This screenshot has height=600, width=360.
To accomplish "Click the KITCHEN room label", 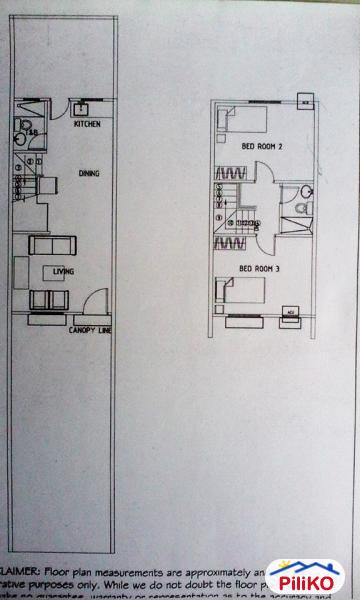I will click(86, 125).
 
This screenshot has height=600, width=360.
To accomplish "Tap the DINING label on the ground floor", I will click(89, 173).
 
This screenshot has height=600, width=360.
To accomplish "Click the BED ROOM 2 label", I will click(262, 147).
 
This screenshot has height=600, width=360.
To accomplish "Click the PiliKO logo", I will click(305, 577).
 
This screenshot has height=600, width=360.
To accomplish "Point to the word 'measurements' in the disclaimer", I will click(169, 552).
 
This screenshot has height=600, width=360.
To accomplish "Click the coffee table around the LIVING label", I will click(58, 271).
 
